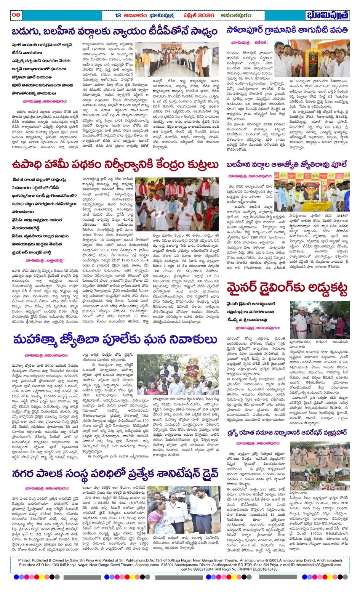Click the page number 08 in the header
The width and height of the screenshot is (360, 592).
(x=16, y=15)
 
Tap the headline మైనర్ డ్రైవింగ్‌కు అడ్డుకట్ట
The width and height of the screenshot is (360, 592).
(x=287, y=289)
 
